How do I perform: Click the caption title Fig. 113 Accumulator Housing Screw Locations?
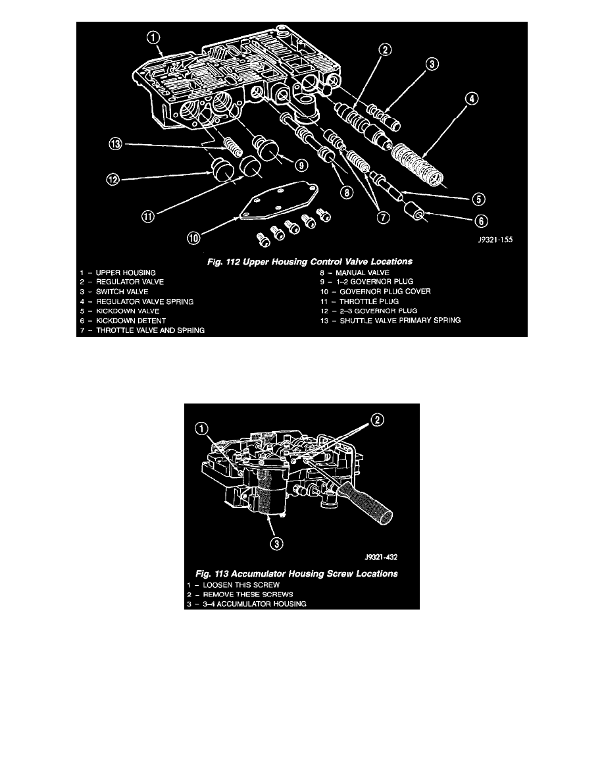pyautogui.click(x=300, y=573)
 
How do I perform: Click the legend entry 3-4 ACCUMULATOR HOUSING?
pyautogui.click(x=247, y=604)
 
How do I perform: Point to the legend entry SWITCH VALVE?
pyautogui.click(x=118, y=292)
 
